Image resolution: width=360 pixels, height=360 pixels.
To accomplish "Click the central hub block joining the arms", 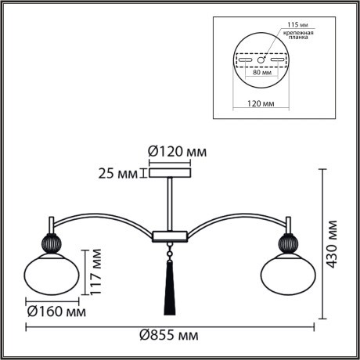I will [168, 234].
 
